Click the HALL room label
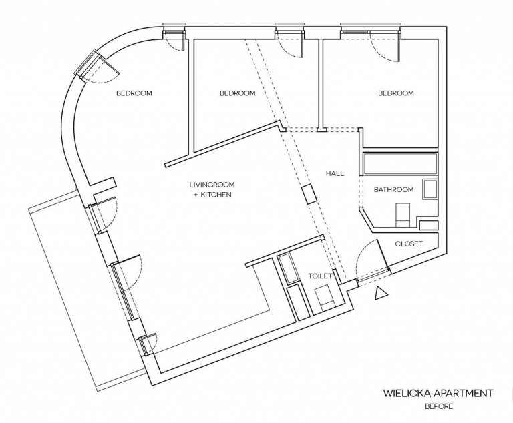[x=335, y=173]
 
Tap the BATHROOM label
[x=393, y=189]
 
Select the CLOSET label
[x=409, y=244]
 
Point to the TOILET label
[x=321, y=276]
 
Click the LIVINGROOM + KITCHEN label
[x=212, y=189]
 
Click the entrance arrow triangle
[x=381, y=293]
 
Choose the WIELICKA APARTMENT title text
[x=438, y=393]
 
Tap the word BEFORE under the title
[x=439, y=407]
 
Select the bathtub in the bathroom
[x=401, y=164]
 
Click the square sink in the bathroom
[x=430, y=189]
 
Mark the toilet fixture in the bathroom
[x=403, y=215]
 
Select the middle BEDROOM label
[x=238, y=93]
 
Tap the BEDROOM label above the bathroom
[x=396, y=93]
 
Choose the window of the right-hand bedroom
[x=370, y=29]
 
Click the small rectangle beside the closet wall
[x=429, y=225]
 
